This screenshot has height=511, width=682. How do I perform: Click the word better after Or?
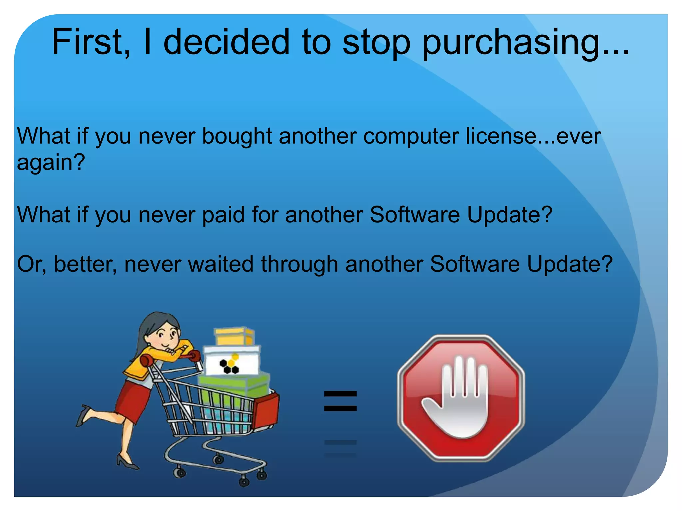pos(85,264)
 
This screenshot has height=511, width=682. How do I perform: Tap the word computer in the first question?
pos(411,137)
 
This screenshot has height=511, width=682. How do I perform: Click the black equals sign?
pos(340,401)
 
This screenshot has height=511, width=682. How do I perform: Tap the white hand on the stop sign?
pos(461,399)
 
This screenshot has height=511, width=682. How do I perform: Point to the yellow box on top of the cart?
pos(234,336)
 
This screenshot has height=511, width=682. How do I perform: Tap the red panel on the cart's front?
pos(266,411)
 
